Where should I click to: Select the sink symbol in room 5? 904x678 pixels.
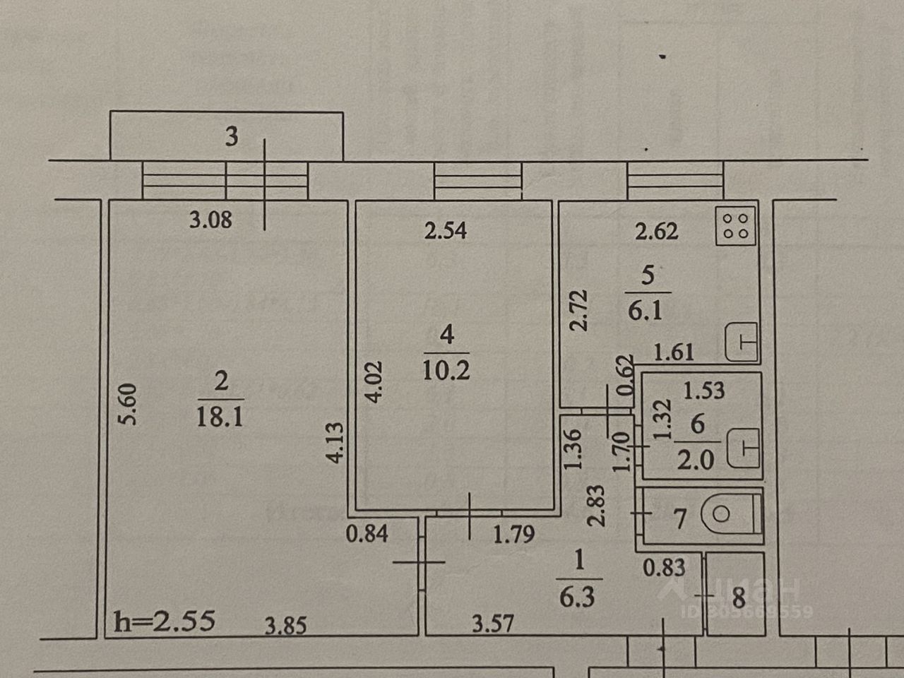coord(741,342)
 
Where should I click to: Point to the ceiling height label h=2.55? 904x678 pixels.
coord(164,621)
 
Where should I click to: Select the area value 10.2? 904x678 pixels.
coord(446,369)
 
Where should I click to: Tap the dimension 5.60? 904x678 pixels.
coord(130,404)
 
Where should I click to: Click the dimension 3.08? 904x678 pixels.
coord(210,220)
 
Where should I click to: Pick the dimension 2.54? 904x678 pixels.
coord(445,230)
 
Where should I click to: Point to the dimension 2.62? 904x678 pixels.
coord(656,231)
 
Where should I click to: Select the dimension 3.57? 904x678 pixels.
coord(493,624)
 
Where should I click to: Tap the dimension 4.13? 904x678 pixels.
coord(336,442)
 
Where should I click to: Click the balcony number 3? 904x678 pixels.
coord(232,136)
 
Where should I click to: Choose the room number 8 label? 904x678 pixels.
coord(739,599)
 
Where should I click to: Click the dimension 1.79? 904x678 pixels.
coord(513,535)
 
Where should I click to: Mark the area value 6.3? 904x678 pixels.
coord(577,598)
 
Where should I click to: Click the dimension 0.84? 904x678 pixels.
coord(367,533)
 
